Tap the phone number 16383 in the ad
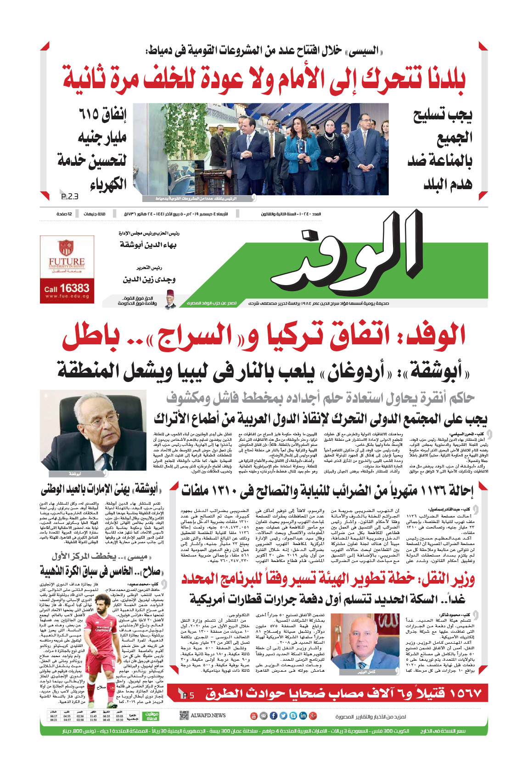pos(74,288)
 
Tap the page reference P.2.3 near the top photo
pos(69,197)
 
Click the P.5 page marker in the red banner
pos(188,695)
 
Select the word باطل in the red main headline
pos(91,336)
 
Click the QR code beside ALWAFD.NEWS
pos(184,715)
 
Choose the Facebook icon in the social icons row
pos(274,715)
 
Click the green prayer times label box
pos(152,716)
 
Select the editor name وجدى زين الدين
pos(149,279)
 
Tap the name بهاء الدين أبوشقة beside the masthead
pos(148,245)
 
